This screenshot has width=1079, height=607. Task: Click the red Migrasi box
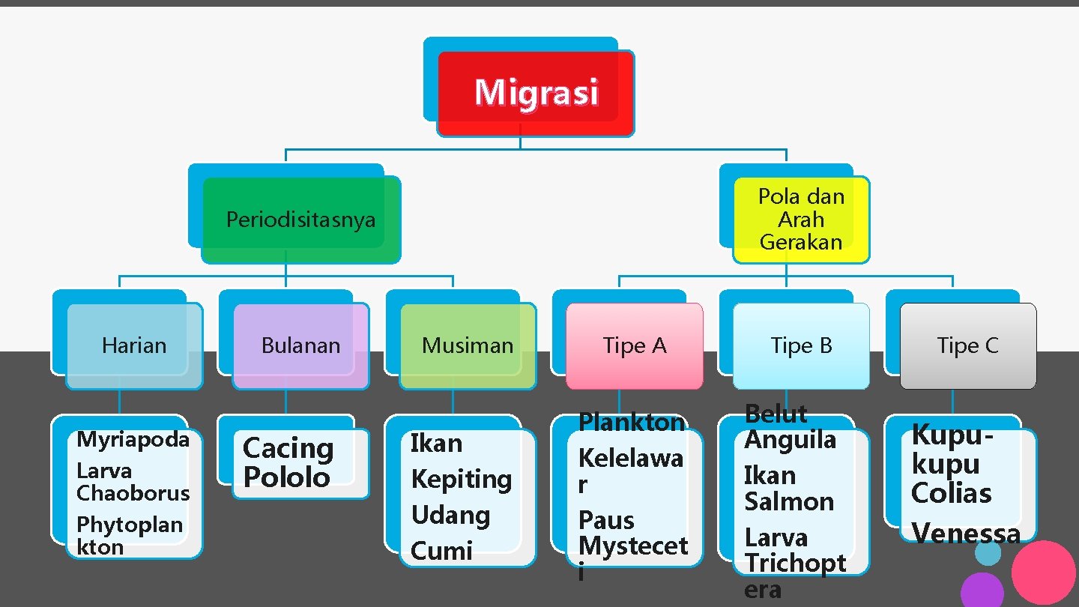(536, 93)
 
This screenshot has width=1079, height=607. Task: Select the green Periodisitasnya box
(300, 220)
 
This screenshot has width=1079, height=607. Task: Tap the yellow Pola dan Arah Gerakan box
(801, 220)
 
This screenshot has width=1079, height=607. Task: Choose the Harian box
(134, 345)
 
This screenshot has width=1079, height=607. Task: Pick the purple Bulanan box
(300, 345)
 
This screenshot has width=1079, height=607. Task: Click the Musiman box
(468, 345)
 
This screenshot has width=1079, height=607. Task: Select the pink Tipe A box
(635, 345)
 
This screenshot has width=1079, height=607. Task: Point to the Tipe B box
(801, 345)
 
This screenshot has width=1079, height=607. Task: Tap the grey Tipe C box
(968, 345)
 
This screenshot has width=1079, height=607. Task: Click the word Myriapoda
(133, 439)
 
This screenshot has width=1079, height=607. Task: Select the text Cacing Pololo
(288, 462)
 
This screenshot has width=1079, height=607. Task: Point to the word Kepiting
(461, 480)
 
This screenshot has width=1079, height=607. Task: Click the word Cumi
(441, 551)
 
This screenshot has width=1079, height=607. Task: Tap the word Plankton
(632, 423)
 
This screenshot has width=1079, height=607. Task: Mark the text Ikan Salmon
(788, 489)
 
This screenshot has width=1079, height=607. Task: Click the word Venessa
(965, 534)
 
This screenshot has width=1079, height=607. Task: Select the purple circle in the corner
(982, 591)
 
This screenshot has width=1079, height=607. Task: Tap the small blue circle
(988, 553)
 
